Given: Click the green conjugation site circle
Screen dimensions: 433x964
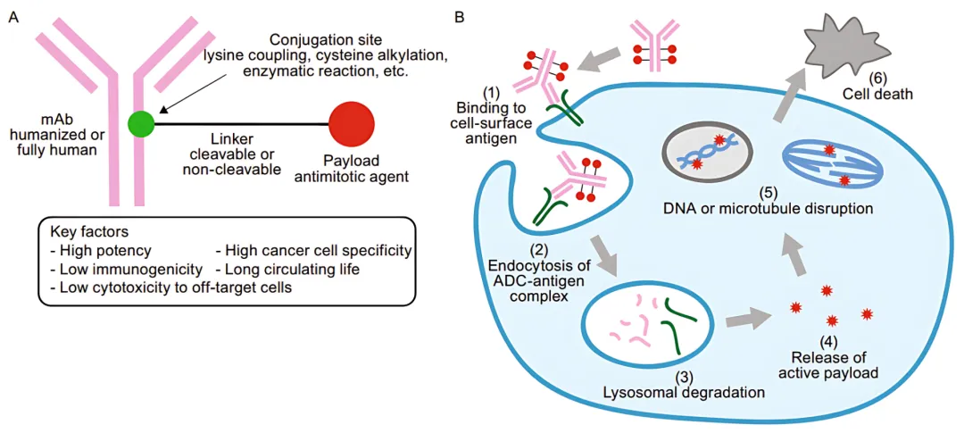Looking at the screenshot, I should (141, 124).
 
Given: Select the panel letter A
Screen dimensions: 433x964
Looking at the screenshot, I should (12, 15).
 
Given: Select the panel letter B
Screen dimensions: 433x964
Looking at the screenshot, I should (459, 15).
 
